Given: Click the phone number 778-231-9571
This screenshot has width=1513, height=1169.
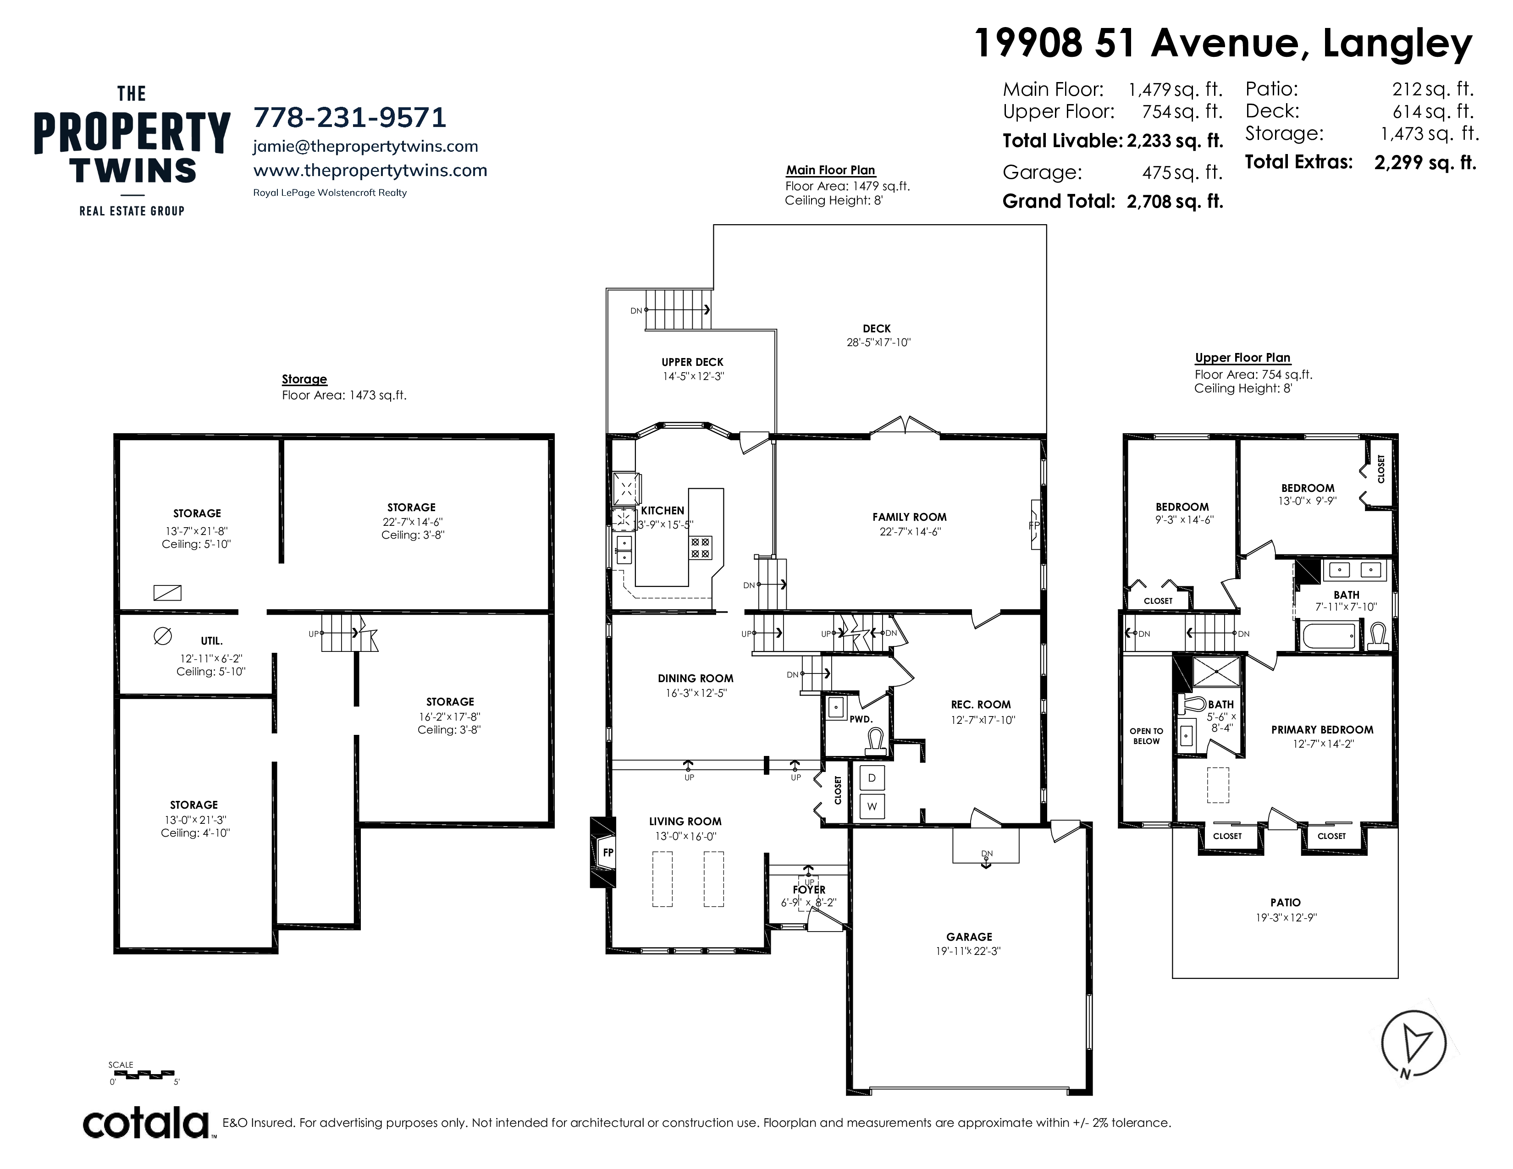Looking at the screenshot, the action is point(349,118).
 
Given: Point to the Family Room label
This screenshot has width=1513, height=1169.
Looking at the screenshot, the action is point(909,517).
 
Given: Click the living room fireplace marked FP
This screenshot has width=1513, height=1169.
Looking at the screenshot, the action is point(602,852).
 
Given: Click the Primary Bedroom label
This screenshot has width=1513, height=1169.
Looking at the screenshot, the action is point(1322,729).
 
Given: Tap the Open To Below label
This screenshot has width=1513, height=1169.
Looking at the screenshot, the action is point(1146,735).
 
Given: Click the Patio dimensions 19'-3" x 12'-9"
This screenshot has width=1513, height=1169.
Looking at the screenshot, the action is point(1285,918).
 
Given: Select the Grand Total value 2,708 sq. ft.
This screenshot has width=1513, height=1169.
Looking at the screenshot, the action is point(1175,202).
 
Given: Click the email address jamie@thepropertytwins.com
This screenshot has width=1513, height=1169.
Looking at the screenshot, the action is point(366,147).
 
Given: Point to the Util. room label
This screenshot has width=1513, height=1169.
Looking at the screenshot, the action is point(211,641).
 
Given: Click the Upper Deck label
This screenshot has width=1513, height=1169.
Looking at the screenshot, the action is point(692,362).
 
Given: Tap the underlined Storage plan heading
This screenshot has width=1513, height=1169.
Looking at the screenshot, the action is point(304,380).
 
